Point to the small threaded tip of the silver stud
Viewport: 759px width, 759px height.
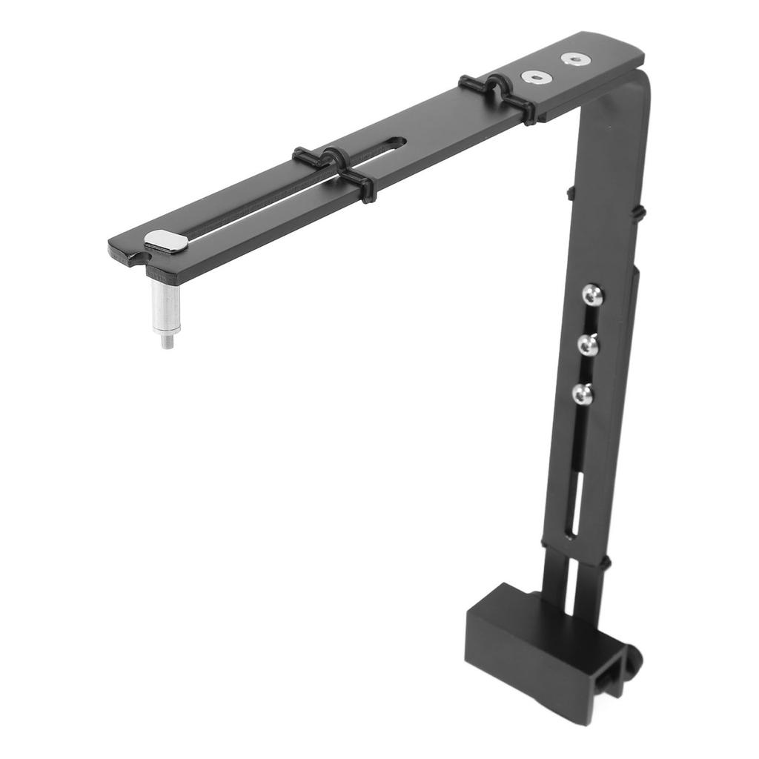[168, 341]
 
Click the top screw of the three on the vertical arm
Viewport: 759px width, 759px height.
[592, 296]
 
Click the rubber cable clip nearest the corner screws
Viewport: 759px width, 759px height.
[497, 95]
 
